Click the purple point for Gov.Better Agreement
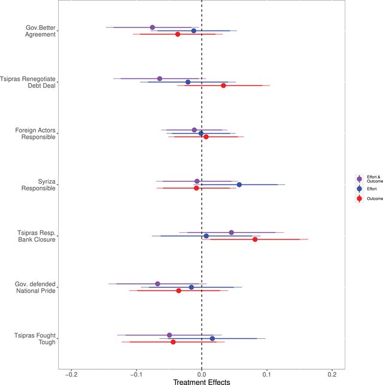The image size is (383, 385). coord(152,27)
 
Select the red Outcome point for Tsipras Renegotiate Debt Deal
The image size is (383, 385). coord(223,86)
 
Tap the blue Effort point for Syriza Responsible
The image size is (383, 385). coord(239,184)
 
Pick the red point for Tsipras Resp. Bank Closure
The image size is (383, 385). coord(255,240)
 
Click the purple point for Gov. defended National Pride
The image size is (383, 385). coord(157,284)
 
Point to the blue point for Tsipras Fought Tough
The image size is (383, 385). coord(212,338)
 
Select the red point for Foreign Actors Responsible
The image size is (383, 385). coord(206,137)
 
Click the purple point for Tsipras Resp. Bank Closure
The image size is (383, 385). coord(232,232)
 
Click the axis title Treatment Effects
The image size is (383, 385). coord(201,381)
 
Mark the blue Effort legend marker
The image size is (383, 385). coord(359,188)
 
